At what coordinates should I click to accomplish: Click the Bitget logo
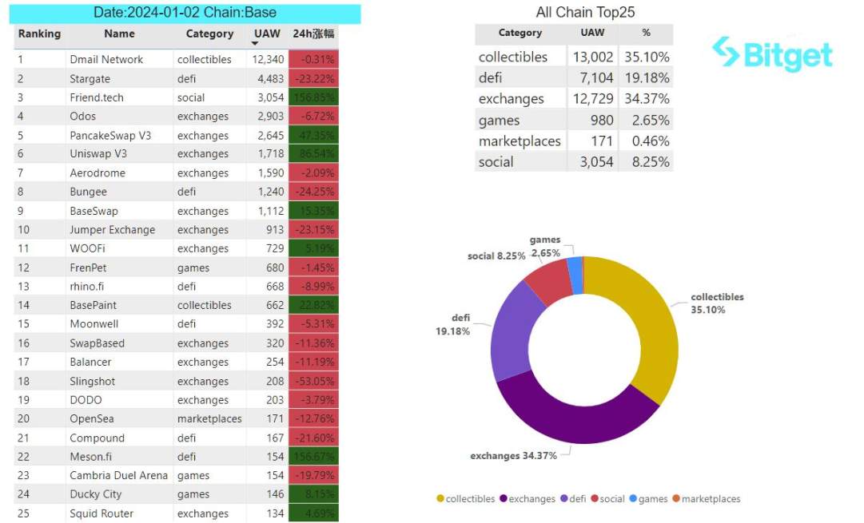coord(772,54)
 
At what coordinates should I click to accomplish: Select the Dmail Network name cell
coord(106,60)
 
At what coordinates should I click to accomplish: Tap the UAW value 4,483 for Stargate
coord(268,79)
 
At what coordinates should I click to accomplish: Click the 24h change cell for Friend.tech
coord(313,97)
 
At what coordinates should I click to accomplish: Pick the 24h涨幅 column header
coord(313,34)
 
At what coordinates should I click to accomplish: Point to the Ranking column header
coord(39,34)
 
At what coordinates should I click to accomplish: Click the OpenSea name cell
coord(92,419)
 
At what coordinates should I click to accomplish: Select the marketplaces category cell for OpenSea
coord(209,419)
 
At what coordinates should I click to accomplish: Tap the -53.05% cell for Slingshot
coord(313,382)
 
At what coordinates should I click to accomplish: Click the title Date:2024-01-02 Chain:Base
coord(185,14)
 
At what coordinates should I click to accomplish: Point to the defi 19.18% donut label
coord(452,325)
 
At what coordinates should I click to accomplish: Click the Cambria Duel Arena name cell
coord(118,476)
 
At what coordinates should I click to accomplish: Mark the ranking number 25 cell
coord(24,513)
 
